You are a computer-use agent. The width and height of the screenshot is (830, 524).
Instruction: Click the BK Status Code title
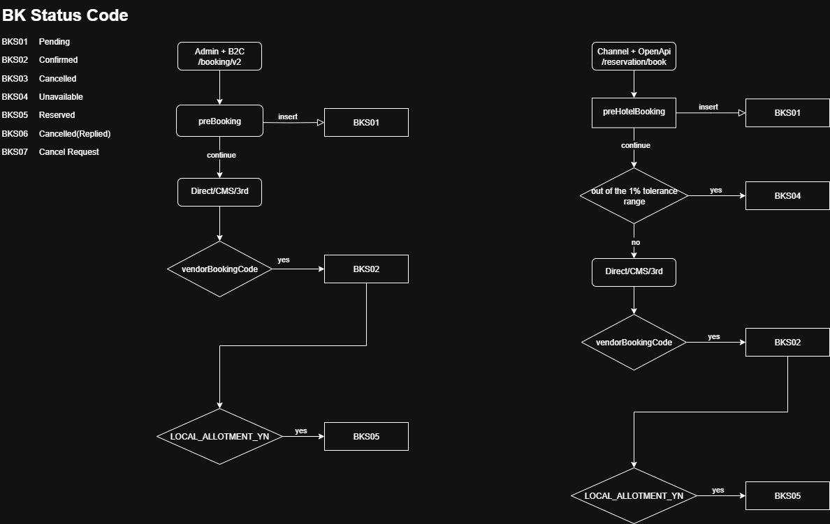click(65, 15)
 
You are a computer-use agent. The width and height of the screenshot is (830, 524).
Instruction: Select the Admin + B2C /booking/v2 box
click(219, 57)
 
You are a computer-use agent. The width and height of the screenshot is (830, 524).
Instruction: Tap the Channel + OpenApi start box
click(634, 57)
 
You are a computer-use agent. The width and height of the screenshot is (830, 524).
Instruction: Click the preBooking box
click(219, 121)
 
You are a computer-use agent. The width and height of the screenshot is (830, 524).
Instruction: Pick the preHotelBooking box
click(634, 112)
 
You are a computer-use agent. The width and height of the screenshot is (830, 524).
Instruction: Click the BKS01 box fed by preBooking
click(366, 122)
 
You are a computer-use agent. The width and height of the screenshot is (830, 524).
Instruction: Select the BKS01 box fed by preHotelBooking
click(787, 112)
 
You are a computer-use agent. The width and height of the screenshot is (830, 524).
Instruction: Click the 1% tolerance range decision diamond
click(634, 196)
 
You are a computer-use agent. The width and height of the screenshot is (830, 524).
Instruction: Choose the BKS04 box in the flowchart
click(787, 195)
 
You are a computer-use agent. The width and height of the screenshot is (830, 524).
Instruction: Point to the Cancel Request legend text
click(68, 152)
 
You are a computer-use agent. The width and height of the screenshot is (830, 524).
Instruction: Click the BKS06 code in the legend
click(15, 133)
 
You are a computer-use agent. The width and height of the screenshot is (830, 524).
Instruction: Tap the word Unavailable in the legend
click(61, 97)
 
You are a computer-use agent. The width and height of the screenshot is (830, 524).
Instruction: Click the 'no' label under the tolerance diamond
click(635, 243)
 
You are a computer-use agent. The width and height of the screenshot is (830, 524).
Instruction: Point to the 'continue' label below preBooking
click(221, 155)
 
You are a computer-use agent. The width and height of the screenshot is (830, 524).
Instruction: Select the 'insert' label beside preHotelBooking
click(708, 107)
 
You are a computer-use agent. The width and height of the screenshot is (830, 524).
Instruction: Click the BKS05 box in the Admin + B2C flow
click(366, 436)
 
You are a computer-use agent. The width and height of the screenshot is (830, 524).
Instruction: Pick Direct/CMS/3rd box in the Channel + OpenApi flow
click(634, 271)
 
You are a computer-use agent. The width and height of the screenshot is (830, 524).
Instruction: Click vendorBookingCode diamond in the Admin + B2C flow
click(219, 269)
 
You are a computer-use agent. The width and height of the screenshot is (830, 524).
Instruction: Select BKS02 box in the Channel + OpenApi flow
click(787, 342)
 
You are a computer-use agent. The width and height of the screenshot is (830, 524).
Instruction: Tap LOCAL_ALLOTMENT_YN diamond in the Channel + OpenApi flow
click(634, 496)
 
